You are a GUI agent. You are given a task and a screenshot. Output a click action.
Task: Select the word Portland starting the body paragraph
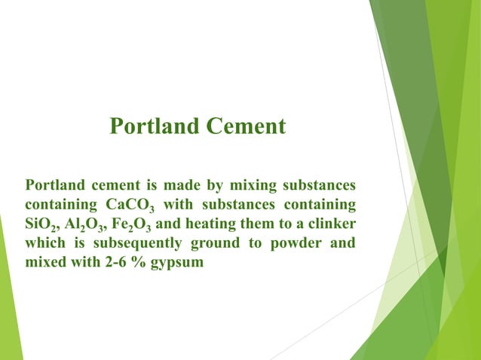(x=54, y=185)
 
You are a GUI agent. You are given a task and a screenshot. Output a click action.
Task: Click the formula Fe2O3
(x=134, y=225)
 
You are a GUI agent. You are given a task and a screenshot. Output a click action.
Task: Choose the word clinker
(x=330, y=224)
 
